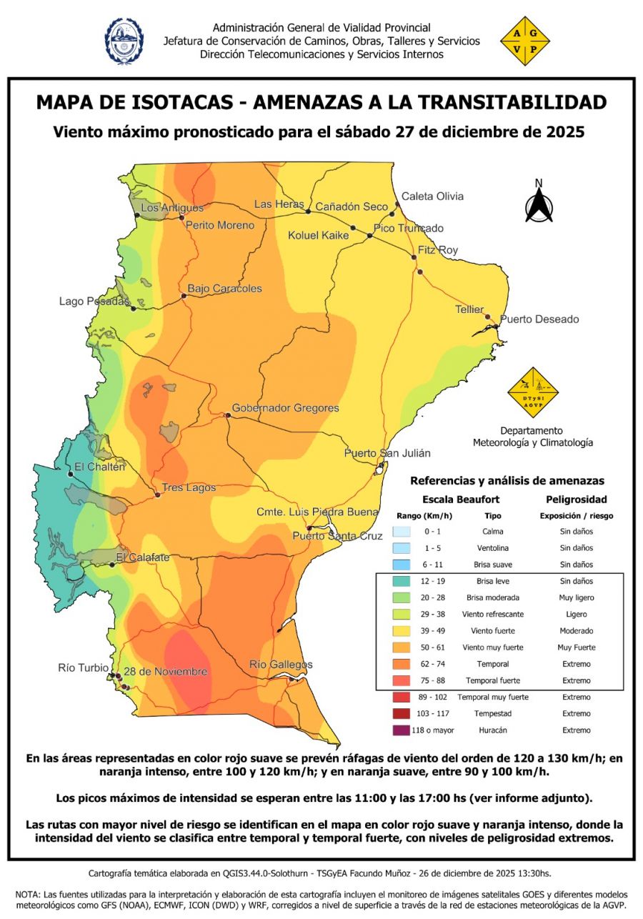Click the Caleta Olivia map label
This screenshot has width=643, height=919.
click(432, 196)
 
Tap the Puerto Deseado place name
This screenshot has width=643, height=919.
click(539, 319)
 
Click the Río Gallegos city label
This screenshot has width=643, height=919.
click(281, 665)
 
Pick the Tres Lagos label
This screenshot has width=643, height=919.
click(189, 487)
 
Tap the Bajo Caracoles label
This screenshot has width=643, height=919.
click(224, 289)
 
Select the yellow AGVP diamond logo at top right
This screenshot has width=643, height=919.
click(525, 41)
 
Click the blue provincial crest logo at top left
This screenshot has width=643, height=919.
click(124, 41)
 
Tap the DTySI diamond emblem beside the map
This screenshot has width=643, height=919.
click(532, 392)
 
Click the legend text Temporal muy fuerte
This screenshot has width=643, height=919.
click(493, 697)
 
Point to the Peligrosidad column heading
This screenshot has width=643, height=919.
click(576, 499)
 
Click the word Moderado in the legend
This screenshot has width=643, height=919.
click(576, 631)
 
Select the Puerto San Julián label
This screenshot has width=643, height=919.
click(387, 453)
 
